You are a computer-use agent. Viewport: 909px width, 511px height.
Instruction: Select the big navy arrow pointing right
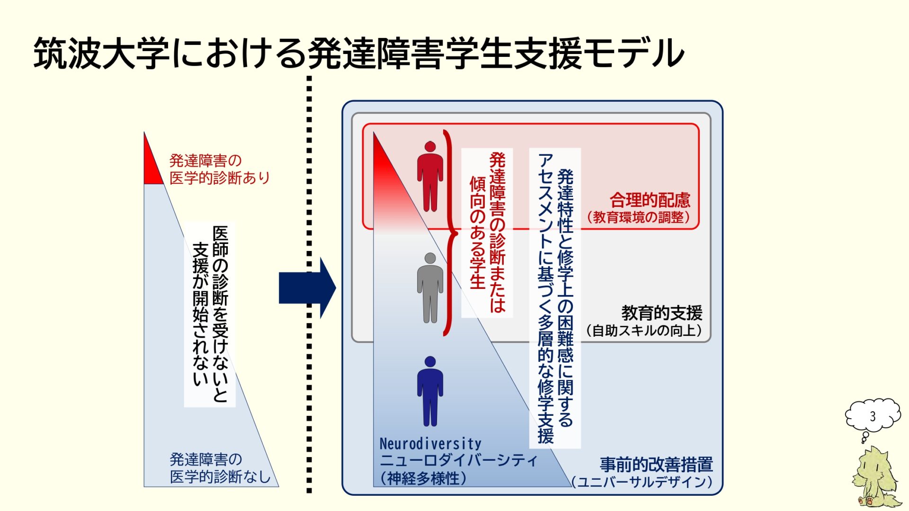click(307, 287)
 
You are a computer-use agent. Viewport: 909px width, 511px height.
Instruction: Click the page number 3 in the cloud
click(873, 416)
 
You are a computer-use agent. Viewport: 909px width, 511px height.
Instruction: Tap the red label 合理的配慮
click(650, 200)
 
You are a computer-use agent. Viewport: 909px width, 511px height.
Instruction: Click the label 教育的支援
click(661, 313)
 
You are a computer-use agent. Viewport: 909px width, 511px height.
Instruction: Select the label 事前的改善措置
click(656, 464)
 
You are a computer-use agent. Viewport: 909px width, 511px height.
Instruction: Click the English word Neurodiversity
click(430, 444)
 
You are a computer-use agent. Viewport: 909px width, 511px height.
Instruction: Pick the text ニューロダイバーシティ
click(458, 460)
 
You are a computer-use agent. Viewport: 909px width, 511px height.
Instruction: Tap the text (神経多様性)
click(423, 478)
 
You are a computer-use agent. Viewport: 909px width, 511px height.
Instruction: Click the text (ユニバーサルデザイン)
click(642, 482)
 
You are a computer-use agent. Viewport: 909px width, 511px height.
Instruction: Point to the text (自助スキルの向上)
click(644, 331)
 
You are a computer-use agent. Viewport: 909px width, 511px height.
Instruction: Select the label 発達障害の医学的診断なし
click(219, 468)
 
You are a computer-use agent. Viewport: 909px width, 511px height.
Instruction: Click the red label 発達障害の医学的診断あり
click(219, 169)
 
